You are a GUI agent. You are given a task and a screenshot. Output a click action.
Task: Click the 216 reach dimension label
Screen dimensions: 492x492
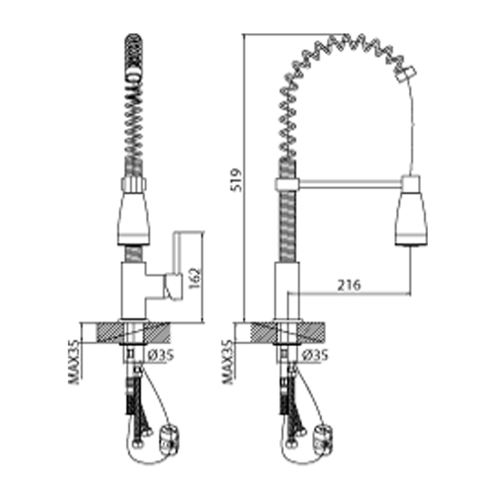[349, 285]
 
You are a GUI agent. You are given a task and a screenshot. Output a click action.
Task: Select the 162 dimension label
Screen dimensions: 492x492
[194, 279]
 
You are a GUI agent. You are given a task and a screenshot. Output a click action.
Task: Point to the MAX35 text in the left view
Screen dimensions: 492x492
[75, 362]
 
